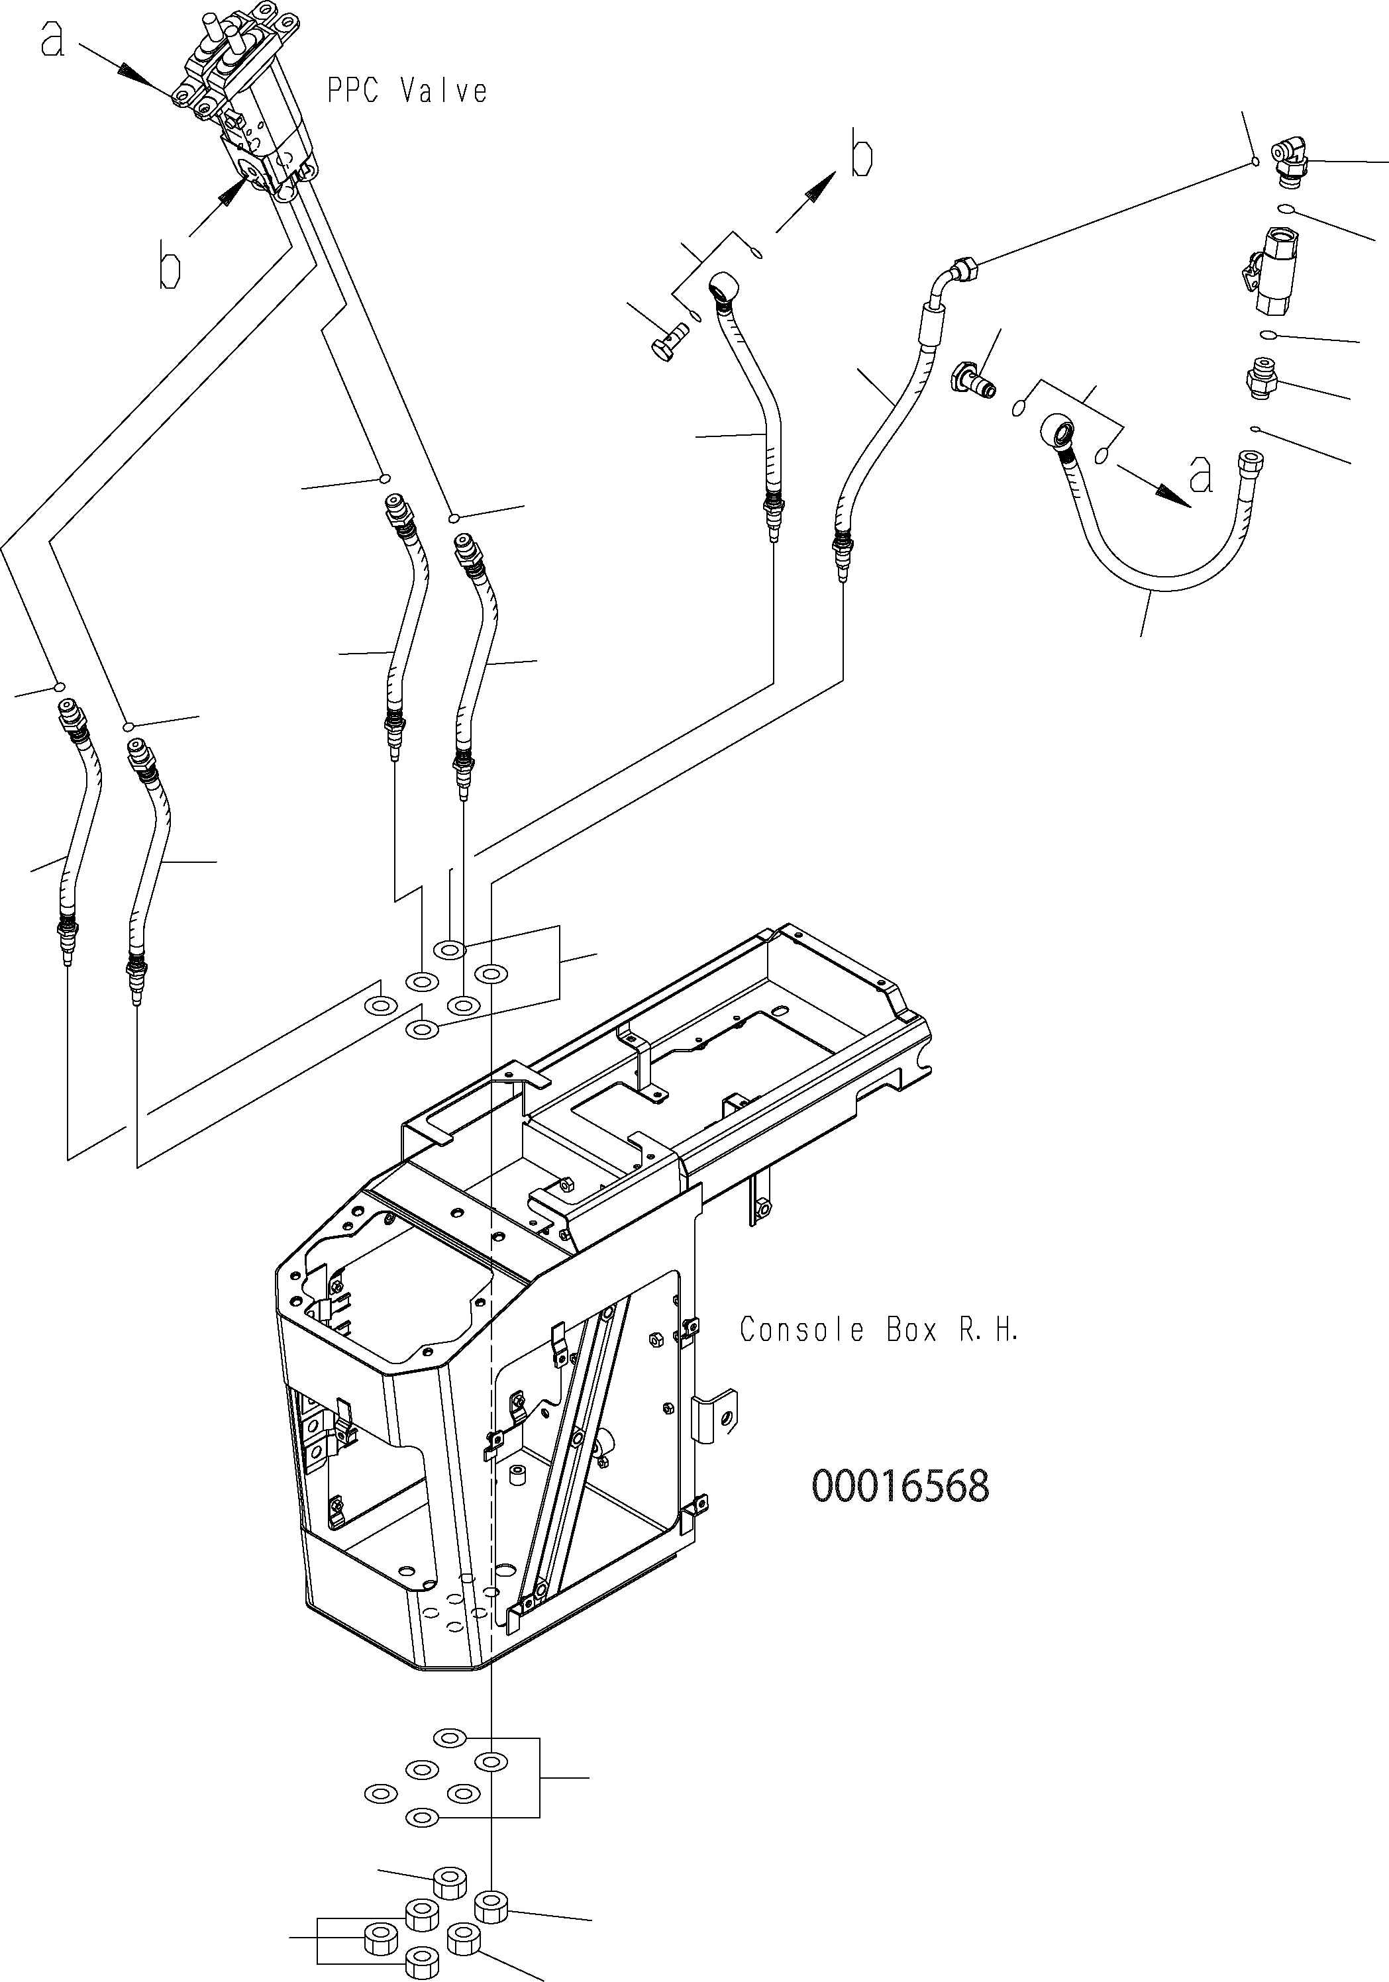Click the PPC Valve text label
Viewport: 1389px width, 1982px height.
[x=407, y=91]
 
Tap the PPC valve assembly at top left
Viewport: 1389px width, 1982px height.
[x=245, y=103]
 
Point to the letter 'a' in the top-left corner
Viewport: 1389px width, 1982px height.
[x=53, y=40]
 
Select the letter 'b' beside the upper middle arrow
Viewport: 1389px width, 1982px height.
[x=860, y=154]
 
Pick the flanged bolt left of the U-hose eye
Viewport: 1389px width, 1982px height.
[x=973, y=380]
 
